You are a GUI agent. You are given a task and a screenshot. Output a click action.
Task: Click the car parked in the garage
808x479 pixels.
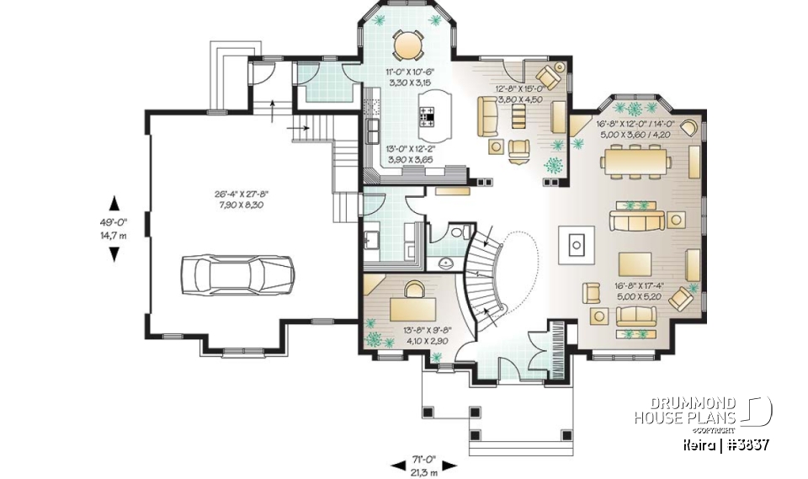coord(237,274)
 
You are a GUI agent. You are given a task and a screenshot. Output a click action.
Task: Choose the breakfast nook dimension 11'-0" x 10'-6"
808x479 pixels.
coord(409,78)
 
